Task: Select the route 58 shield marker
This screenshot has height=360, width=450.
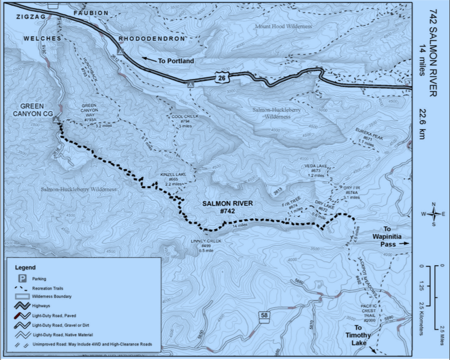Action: point(264,315)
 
